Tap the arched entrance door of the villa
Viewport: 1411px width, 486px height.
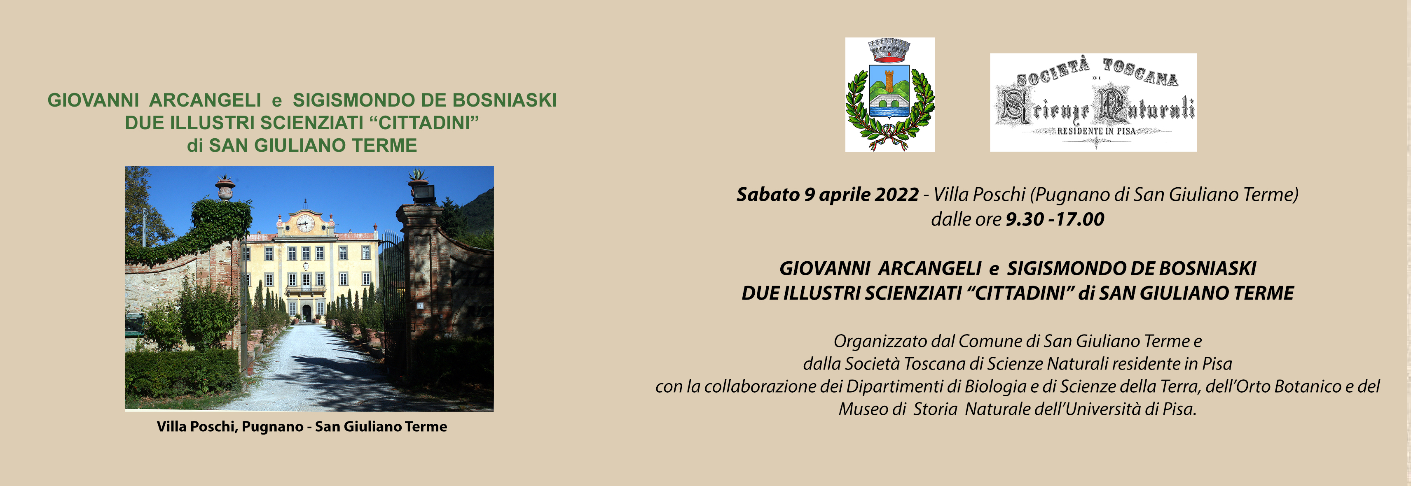pyautogui.click(x=307, y=314)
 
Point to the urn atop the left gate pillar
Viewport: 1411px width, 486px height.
pyautogui.click(x=225, y=188)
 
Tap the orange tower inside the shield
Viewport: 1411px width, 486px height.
pyautogui.click(x=889, y=81)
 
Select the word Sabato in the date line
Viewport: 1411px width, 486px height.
pyautogui.click(x=768, y=194)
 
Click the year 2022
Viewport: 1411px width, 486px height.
pyautogui.click(x=897, y=194)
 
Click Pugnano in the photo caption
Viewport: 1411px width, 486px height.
pyautogui.click(x=272, y=427)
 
